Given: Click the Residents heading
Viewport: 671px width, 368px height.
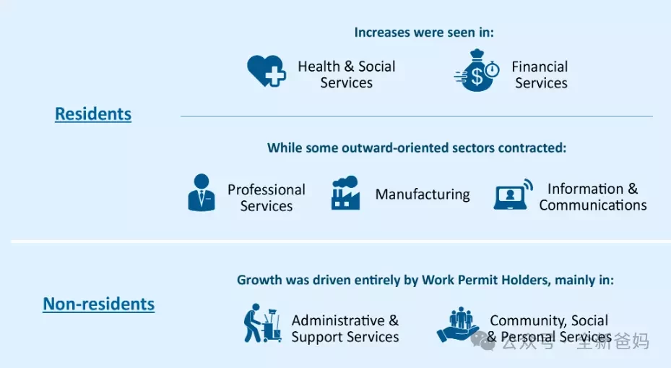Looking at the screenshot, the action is coord(93,114).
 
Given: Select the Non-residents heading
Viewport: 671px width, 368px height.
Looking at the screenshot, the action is coord(98,304).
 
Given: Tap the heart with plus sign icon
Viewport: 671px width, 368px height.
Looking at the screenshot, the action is coord(267,71).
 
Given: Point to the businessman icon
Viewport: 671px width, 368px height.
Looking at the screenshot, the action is coord(201,192).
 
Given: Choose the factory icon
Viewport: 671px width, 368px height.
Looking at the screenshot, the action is coord(345,193).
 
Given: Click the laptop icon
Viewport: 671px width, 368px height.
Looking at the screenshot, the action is coord(513,194).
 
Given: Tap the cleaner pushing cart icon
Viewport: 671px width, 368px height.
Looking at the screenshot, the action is coord(262,323).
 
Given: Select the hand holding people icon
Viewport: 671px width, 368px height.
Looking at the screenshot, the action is coord(457,325).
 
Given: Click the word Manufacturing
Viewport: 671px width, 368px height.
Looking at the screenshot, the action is coord(423,194).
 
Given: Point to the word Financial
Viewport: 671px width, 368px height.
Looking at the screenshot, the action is coord(540,67).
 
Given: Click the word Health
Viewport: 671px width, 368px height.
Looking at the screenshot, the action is coord(319,67).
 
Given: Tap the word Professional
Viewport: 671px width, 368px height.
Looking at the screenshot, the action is coord(267,189).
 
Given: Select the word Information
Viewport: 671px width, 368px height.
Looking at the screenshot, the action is coord(585,189).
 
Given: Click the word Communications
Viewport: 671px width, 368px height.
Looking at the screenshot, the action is coord(593,205).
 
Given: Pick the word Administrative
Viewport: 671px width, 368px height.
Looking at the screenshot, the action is coord(338,320).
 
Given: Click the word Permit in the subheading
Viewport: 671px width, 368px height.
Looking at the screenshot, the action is coord(478,280).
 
